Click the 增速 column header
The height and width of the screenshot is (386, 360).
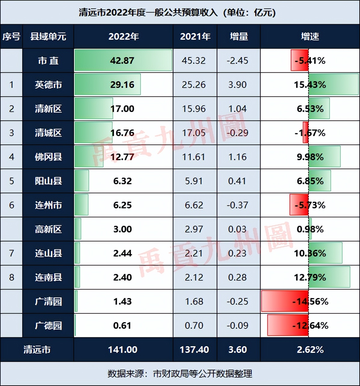(310, 36)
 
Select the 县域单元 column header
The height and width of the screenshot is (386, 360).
(48, 36)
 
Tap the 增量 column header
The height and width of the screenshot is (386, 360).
(239, 36)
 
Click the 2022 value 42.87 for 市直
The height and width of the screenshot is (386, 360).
(122, 61)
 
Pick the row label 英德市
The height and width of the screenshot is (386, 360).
(48, 85)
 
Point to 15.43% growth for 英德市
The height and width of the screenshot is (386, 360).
(310, 85)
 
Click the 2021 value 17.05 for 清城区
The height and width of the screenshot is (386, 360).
(194, 133)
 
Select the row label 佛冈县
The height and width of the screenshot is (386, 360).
(48, 157)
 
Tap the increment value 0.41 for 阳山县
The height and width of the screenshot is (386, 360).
(237, 181)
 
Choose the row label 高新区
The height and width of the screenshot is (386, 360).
(48, 229)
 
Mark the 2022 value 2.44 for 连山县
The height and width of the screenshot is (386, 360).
(123, 253)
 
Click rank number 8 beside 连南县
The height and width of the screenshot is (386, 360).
(11, 277)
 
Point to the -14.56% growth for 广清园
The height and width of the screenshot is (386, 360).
(310, 301)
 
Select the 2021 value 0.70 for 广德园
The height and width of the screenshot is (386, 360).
(194, 325)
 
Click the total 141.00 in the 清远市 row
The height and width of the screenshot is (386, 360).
(123, 350)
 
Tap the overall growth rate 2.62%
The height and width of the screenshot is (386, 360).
(310, 350)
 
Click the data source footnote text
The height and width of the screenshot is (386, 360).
(180, 374)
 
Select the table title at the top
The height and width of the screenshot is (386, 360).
(177, 12)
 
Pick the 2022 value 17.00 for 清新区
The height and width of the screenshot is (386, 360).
(122, 109)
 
